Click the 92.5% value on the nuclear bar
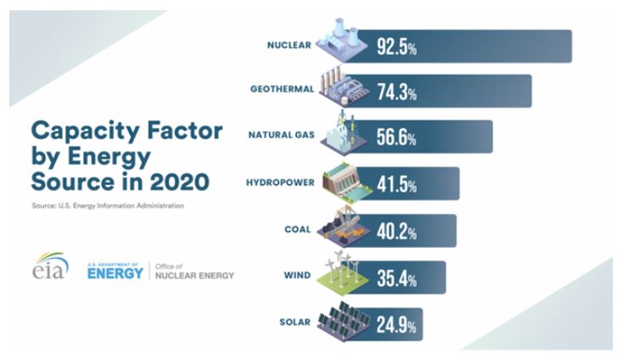[396, 47]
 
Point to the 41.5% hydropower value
[396, 184]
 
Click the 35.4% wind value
[396, 277]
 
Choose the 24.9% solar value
[396, 323]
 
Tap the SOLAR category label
[295, 321]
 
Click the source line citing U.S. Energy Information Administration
[107, 205]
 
